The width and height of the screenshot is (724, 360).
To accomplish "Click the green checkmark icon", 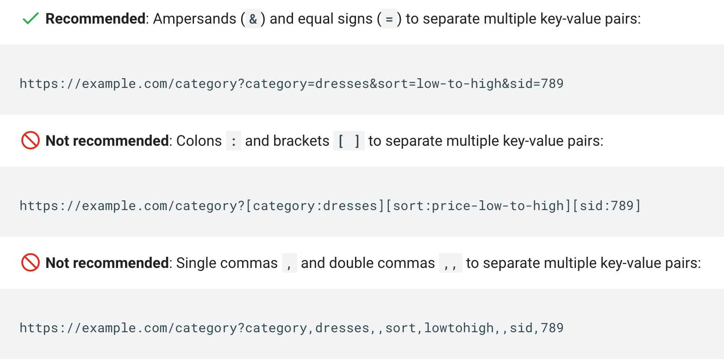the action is pos(30,19).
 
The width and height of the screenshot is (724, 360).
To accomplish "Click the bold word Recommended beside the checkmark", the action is pos(95,19).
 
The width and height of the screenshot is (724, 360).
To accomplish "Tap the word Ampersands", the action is pos(195,19).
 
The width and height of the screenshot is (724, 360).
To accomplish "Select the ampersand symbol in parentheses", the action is pos(253,19).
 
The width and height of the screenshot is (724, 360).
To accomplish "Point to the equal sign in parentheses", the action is pos(389,19).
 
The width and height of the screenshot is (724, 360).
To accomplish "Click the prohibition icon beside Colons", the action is pos(31,141).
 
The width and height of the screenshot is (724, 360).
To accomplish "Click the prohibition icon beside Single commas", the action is pos(31,263).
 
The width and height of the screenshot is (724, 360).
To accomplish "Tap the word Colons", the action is pos(199,141).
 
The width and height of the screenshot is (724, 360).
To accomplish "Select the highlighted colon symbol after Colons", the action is pos(233,141).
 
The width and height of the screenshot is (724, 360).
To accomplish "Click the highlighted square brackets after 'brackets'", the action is pos(349,141).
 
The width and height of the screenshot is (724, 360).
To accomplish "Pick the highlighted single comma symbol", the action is pos(289,263).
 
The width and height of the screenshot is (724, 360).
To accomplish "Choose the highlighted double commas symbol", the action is pos(450,263).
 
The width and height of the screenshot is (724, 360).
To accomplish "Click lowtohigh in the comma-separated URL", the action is pos(459,328).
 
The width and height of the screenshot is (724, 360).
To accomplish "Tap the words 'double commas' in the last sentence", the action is pos(382,263).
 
